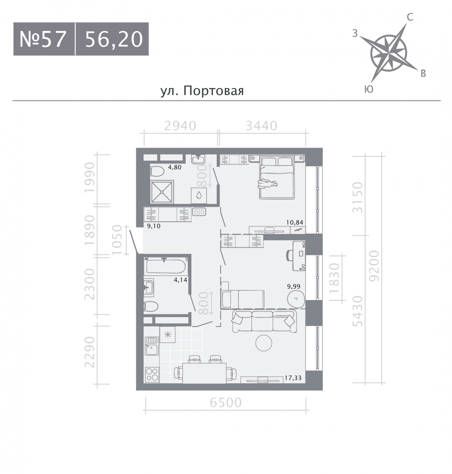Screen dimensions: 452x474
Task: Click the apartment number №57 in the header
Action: (x=43, y=39)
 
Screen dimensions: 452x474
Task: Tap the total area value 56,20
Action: (x=114, y=40)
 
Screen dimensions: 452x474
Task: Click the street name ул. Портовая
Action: (x=202, y=91)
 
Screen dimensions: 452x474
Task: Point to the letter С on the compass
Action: (x=410, y=17)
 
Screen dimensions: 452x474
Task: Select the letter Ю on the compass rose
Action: (x=369, y=89)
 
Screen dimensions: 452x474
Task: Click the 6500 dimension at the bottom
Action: (x=226, y=402)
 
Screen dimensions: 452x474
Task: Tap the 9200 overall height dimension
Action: (x=375, y=266)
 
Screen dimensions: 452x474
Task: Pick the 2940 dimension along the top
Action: (x=180, y=126)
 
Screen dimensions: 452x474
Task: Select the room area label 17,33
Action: (x=293, y=378)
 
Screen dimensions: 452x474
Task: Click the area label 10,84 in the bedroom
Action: (x=295, y=222)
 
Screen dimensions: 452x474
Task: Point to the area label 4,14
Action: (x=180, y=280)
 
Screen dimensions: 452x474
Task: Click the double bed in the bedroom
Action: (x=277, y=177)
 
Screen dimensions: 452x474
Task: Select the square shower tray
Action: (x=162, y=192)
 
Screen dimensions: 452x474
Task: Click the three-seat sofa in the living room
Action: (x=264, y=321)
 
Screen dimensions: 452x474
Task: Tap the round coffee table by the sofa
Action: (x=264, y=343)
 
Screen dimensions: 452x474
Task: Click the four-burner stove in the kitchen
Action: (x=152, y=375)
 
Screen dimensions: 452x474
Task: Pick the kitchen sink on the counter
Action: (x=152, y=346)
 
